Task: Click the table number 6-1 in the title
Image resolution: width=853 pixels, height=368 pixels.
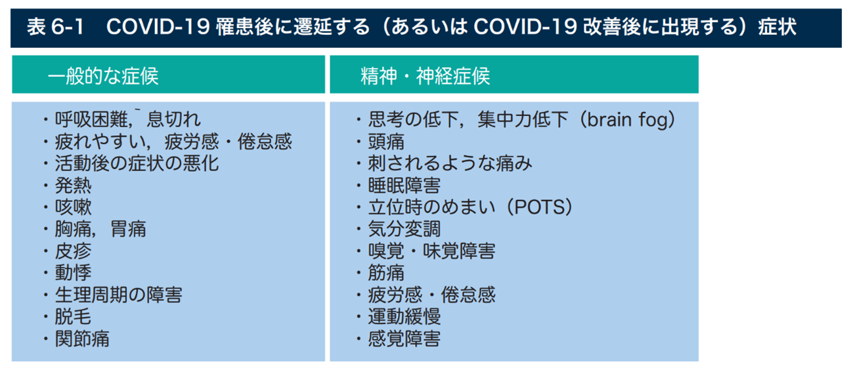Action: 67,28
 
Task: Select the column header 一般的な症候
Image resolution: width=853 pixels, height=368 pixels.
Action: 103,76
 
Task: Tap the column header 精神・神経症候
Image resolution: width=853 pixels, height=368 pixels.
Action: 425,76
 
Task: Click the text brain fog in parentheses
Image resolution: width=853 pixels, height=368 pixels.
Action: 628,120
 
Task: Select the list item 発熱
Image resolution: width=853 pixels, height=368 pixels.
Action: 73,186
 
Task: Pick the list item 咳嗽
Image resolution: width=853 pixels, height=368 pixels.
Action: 73,207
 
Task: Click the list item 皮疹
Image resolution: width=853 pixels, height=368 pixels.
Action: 73,251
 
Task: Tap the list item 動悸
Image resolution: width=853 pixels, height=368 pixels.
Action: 73,273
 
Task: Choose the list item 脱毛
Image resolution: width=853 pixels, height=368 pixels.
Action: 73,317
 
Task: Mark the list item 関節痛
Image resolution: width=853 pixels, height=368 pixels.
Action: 82,338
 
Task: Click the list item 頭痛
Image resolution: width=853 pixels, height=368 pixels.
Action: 386,142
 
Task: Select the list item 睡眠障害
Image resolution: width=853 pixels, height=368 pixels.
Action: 405,186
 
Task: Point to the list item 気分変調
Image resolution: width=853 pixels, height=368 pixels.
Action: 405,229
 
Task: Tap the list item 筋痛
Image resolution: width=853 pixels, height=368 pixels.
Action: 386,273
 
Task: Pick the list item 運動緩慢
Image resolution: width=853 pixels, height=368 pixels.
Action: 405,317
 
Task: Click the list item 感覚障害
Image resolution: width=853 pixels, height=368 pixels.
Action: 405,338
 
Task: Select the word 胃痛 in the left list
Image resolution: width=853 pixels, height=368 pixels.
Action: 128,229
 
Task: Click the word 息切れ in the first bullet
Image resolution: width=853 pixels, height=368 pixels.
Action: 173,119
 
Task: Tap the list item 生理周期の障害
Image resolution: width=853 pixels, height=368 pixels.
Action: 119,295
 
